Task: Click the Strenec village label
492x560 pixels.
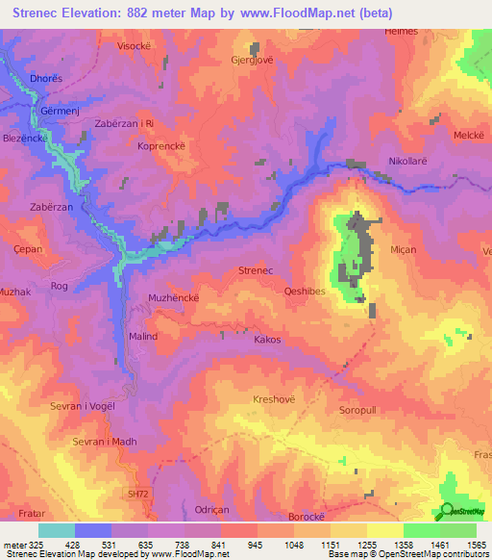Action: [x=257, y=272]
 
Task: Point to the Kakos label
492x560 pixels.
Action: [x=267, y=340]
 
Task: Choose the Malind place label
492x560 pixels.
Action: [x=142, y=336]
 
